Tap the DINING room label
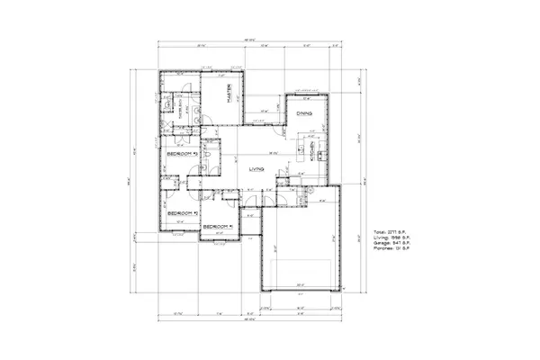click(305, 112)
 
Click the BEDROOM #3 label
click(181, 154)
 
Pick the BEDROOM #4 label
click(218, 226)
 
